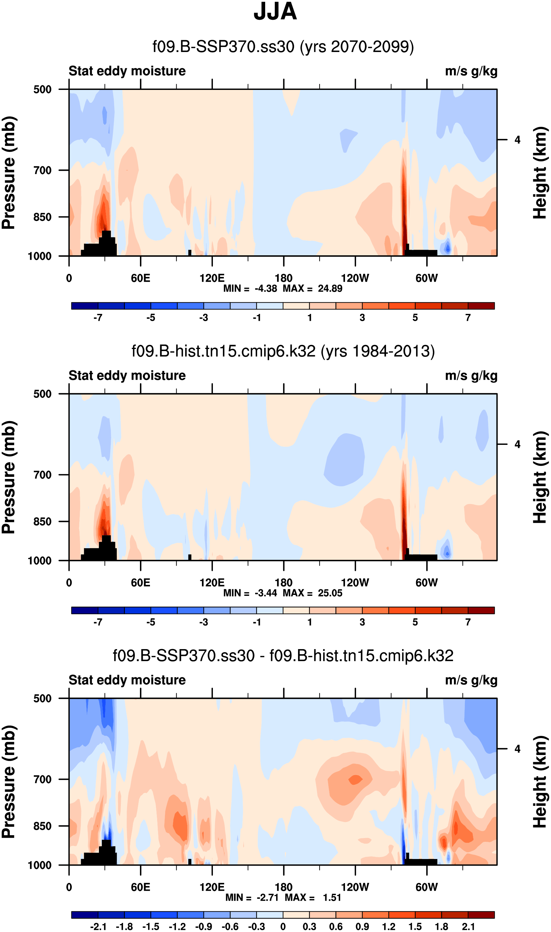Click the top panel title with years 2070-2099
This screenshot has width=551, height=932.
[283, 47]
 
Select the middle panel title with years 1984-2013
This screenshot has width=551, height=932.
[283, 351]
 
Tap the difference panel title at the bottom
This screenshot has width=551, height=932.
[283, 656]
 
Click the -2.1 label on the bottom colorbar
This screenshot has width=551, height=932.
[98, 926]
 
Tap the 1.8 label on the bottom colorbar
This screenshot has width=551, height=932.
[441, 926]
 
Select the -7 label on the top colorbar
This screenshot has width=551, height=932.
[98, 318]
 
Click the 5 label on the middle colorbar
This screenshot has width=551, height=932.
[415, 622]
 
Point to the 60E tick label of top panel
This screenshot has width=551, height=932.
[140, 278]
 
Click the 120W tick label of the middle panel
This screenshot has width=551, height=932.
[355, 582]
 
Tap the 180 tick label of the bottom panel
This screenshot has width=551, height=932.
[283, 887]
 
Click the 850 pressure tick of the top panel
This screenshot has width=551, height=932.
[42, 217]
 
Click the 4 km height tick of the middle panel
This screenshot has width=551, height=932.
[517, 444]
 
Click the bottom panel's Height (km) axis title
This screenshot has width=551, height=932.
[541, 782]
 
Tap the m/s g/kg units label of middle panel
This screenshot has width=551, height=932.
[471, 376]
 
